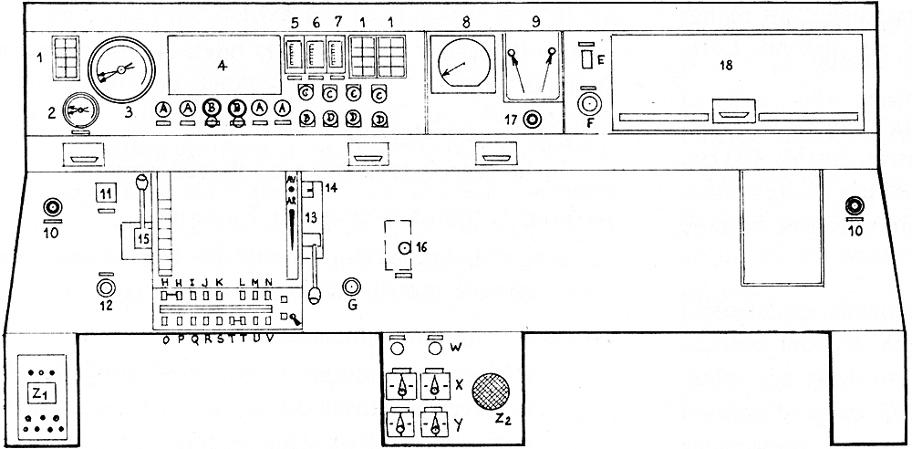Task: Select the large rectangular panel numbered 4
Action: [x=223, y=64]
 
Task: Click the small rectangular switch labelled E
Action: [x=588, y=61]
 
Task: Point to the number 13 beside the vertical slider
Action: [x=310, y=217]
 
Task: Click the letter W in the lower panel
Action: [x=455, y=348]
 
